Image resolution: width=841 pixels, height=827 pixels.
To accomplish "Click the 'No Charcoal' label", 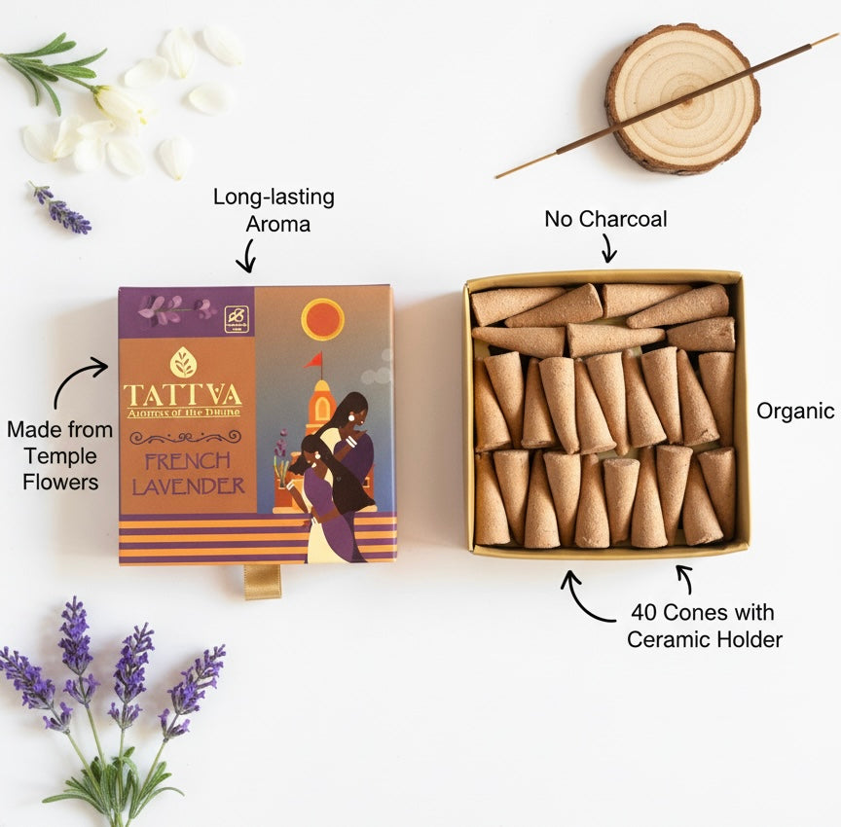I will [x=605, y=219].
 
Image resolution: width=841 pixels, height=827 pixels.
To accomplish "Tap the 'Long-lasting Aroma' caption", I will [x=274, y=209].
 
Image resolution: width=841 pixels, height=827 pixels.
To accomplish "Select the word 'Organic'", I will [x=795, y=411].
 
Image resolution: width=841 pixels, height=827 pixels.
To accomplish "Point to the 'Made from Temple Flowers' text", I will [x=59, y=454].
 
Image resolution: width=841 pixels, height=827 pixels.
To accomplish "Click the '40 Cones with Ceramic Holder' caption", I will [x=704, y=626].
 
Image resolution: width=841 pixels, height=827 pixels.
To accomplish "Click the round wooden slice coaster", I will [x=681, y=98].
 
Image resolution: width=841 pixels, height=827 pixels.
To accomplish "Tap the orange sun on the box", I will [x=322, y=319].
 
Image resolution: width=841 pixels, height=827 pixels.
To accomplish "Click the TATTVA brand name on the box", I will [x=182, y=394].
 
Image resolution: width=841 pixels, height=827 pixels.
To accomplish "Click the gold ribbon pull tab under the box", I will [x=262, y=582].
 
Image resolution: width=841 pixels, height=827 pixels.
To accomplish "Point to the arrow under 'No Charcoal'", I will [x=608, y=250].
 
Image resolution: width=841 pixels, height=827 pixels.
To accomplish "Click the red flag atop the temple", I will [x=313, y=360].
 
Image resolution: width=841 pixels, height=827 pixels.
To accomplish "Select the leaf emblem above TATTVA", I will [x=182, y=362].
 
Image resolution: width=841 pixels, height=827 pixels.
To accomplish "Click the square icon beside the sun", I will [x=237, y=319].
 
